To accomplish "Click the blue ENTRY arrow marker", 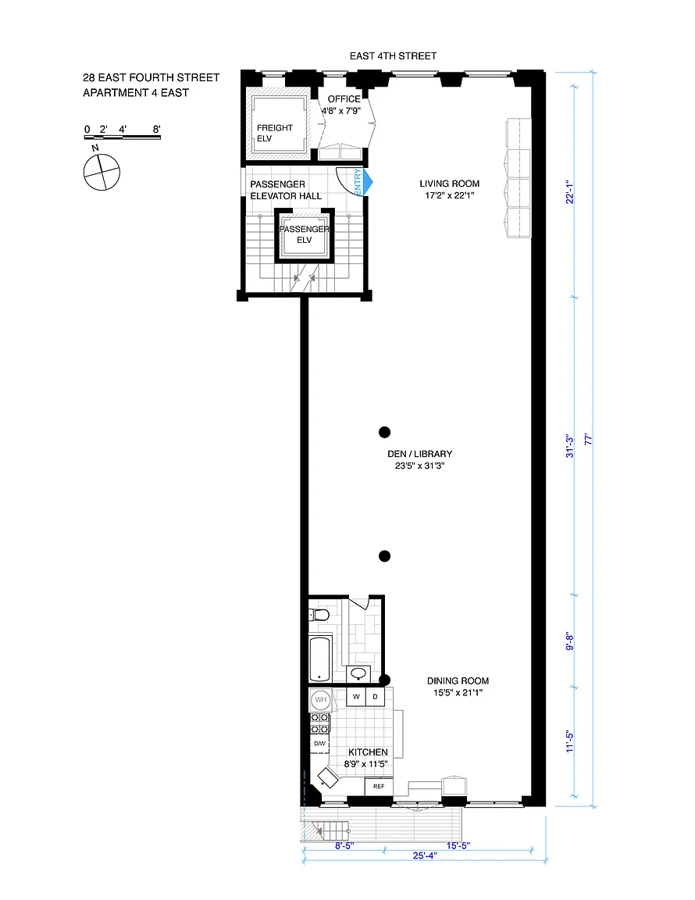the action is pyautogui.click(x=367, y=181).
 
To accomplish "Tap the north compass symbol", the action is pyautogui.click(x=102, y=171).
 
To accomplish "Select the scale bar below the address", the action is pyautogui.click(x=123, y=137).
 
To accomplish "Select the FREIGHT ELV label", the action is pyautogui.click(x=274, y=133).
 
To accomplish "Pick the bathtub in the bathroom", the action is pyautogui.click(x=320, y=659).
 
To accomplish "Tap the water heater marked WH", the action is pyautogui.click(x=320, y=700).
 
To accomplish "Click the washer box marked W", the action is pyautogui.click(x=356, y=697).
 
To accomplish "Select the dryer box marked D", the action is pyautogui.click(x=376, y=697).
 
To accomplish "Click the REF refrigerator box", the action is pyautogui.click(x=379, y=787).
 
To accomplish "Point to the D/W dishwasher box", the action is pyautogui.click(x=319, y=744).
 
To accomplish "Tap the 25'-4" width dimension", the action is pyautogui.click(x=425, y=855).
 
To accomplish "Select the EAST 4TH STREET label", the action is pyautogui.click(x=393, y=56).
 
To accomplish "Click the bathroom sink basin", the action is pyautogui.click(x=359, y=673).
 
